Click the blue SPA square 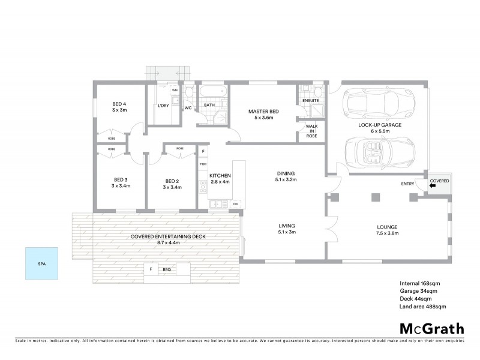coord(42,263)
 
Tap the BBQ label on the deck coord(167,270)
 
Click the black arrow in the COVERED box coord(433,186)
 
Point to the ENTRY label coord(408,184)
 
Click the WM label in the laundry coord(175,91)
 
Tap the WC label coord(188,109)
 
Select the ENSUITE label coord(310,100)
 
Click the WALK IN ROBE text coord(311,131)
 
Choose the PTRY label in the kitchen coord(203,163)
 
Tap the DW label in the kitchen coord(235,204)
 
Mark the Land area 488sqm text coord(423,307)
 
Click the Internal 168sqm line coord(420,283)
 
